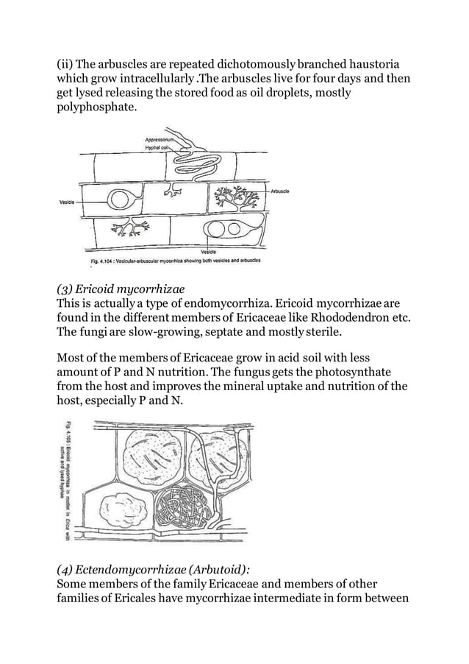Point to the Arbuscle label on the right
point(279,191)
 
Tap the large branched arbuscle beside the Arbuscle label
point(237,197)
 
